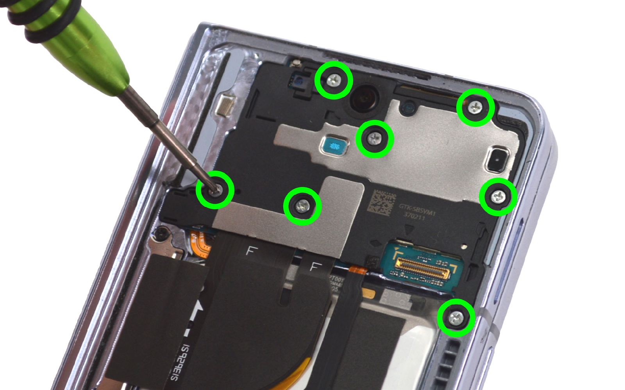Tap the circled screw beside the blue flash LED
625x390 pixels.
coord(375,139)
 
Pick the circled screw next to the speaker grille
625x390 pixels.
coord(456,318)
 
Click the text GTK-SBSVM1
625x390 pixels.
coord(417,208)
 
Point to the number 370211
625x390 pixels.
coord(414,216)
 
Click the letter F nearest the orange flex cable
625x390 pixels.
coord(250,250)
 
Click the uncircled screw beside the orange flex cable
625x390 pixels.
coord(162,235)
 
